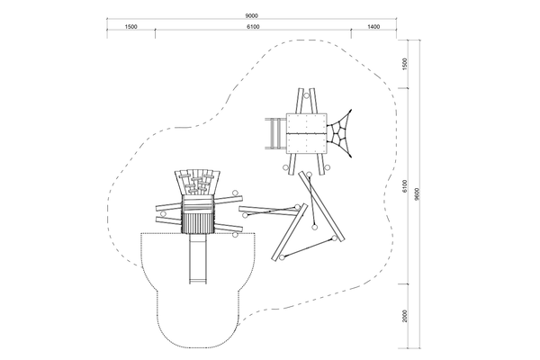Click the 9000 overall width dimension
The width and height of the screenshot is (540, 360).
(x=251, y=16)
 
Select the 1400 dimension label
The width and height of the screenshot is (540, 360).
(x=373, y=27)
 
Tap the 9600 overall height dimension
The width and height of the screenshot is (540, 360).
(x=417, y=194)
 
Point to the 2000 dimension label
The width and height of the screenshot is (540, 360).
(x=405, y=316)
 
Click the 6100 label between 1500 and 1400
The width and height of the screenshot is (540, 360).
(x=253, y=27)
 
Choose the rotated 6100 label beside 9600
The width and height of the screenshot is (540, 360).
(x=405, y=186)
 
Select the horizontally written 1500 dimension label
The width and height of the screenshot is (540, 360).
(x=130, y=27)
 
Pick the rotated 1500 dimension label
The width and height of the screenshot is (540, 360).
(x=405, y=64)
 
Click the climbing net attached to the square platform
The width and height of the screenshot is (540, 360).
(x=339, y=133)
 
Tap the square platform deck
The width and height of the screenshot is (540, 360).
(x=307, y=133)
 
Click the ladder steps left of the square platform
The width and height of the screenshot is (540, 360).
(x=275, y=133)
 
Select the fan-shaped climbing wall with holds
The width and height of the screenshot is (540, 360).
(x=197, y=183)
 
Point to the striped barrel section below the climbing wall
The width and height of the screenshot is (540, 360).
(x=197, y=222)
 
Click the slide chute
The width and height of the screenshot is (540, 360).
(x=198, y=258)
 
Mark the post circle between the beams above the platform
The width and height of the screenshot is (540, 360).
(x=306, y=95)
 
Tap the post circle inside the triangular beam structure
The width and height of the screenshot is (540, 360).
(x=314, y=227)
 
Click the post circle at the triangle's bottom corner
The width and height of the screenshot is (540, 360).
(x=282, y=257)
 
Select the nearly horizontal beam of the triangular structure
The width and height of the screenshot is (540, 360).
(x=269, y=211)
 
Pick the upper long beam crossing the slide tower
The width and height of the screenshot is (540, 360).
(x=199, y=203)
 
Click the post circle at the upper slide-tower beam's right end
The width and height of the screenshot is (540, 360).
(x=235, y=193)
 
